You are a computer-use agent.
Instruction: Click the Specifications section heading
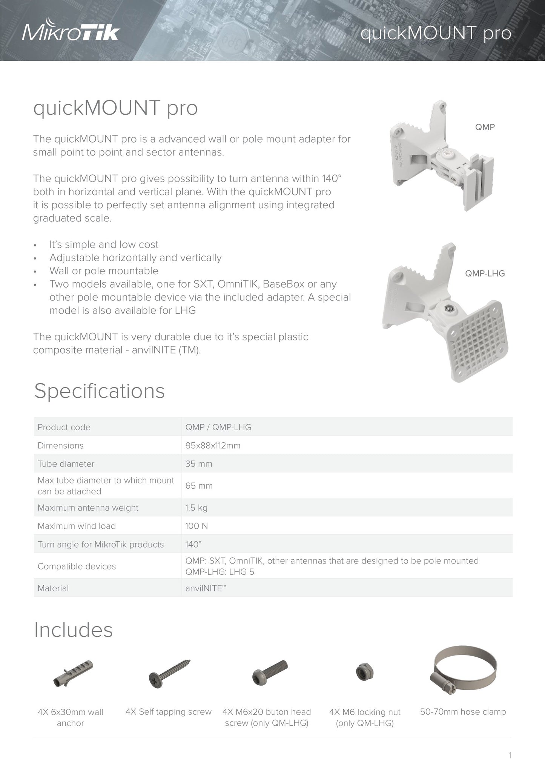[x=100, y=391]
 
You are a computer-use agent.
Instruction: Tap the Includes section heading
[x=74, y=630]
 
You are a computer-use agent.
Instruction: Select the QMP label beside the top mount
[x=485, y=127]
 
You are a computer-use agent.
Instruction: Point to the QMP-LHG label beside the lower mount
[x=485, y=274]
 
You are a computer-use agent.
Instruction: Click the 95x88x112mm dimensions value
[x=213, y=446]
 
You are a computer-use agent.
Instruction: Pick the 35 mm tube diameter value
[x=199, y=464]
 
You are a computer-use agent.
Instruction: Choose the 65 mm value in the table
[x=199, y=486]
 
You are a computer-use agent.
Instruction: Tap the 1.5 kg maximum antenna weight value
[x=196, y=508]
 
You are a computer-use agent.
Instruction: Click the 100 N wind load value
[x=197, y=526]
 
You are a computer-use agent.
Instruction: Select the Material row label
[x=53, y=588]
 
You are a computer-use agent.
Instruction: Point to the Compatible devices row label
[x=77, y=566]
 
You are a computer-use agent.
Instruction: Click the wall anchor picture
[x=73, y=674]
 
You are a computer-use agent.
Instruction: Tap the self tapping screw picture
[x=169, y=674]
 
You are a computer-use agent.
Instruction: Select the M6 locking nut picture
[x=365, y=672]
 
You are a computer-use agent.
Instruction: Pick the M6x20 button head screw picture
[x=270, y=673]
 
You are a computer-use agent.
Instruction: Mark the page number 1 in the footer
[x=510, y=755]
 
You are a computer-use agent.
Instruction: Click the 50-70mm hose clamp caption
[x=463, y=712]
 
